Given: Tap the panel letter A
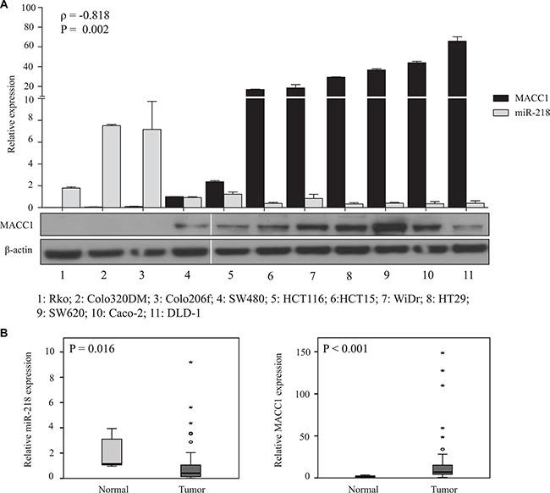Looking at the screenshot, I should [7, 6].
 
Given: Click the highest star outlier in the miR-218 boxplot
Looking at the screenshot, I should [191, 363].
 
